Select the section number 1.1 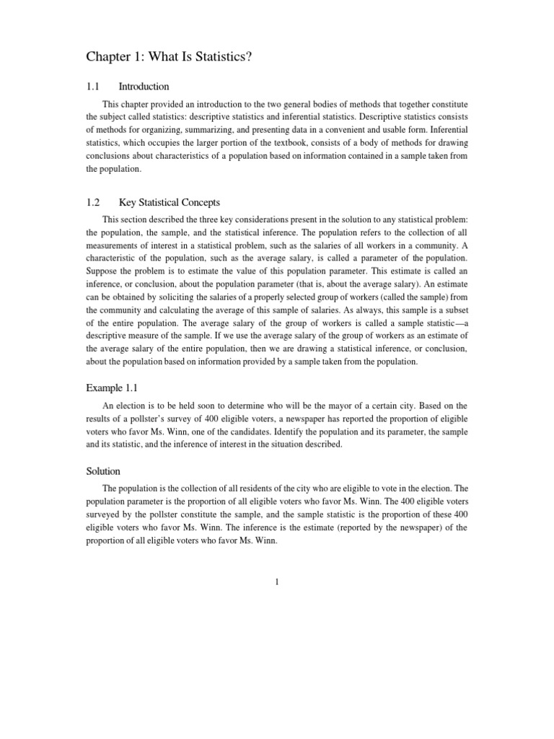click(92, 87)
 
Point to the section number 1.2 click(92, 202)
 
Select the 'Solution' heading click(103, 471)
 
